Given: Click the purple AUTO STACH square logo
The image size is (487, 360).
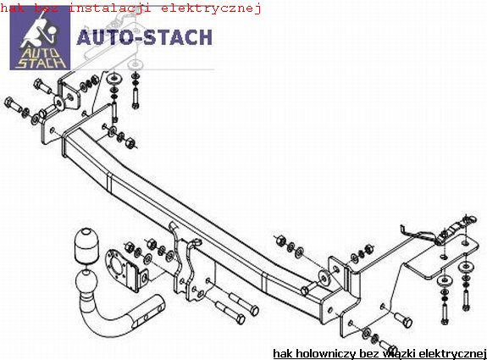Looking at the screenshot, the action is tap(40, 38).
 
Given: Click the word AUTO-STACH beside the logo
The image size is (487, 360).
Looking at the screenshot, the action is tap(145, 37).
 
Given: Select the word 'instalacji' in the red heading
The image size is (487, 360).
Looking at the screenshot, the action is tap(110, 8).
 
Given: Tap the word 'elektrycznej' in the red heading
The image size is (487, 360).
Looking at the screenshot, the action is tap(211, 8).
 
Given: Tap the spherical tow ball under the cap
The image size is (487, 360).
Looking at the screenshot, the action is tap(86, 280).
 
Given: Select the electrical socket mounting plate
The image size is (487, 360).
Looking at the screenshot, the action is tap(126, 271).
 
